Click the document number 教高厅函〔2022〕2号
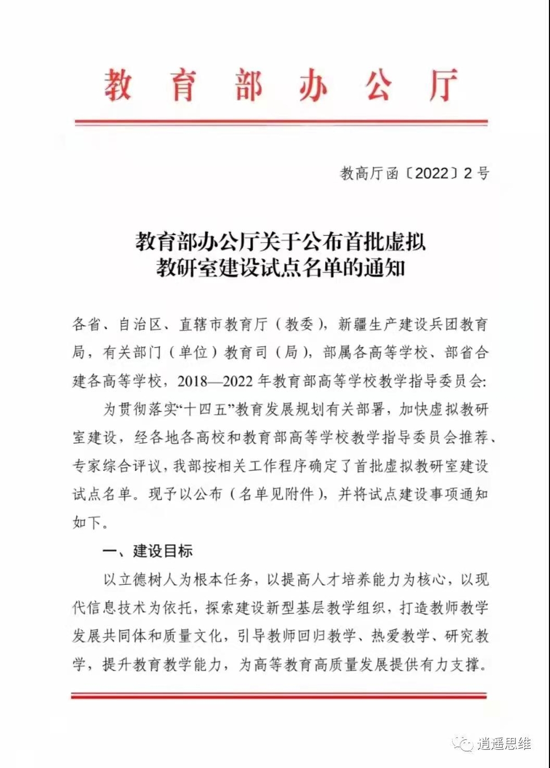[415, 174]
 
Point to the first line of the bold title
[280, 242]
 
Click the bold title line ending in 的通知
[280, 269]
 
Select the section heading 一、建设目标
[147, 551]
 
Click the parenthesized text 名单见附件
[277, 494]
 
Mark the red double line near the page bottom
[279, 696]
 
